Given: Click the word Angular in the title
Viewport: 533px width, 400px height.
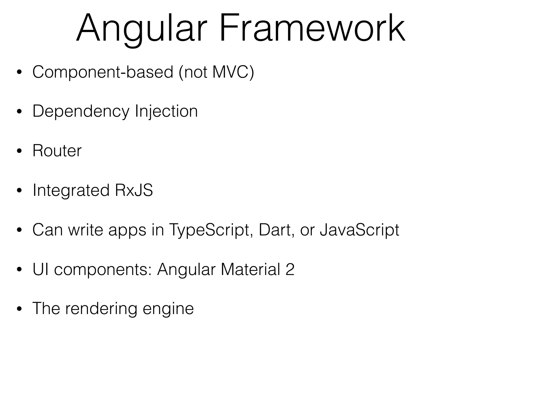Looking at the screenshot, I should pos(142,29).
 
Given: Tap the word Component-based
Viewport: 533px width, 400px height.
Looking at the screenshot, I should pos(103,72).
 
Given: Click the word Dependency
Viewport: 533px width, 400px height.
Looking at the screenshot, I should pos(81,111).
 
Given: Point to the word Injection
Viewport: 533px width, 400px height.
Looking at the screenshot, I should pos(166,111).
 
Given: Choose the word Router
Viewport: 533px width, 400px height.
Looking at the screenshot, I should pos(57,151).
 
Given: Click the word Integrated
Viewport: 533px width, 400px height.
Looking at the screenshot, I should pos(71,190).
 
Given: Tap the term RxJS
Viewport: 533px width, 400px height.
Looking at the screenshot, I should pos(134,190).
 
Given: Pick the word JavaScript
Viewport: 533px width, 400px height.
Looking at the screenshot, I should pos(359,230).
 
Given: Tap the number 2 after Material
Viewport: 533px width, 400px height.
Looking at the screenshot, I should pos(290,269).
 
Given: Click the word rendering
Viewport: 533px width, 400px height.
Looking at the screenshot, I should pos(101,309).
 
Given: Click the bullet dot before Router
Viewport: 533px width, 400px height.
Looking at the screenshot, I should pos(19,151).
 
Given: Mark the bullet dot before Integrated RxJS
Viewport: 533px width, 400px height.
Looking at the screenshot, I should pos(19,191).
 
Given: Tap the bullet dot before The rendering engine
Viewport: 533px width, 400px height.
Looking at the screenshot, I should pos(19,309).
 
